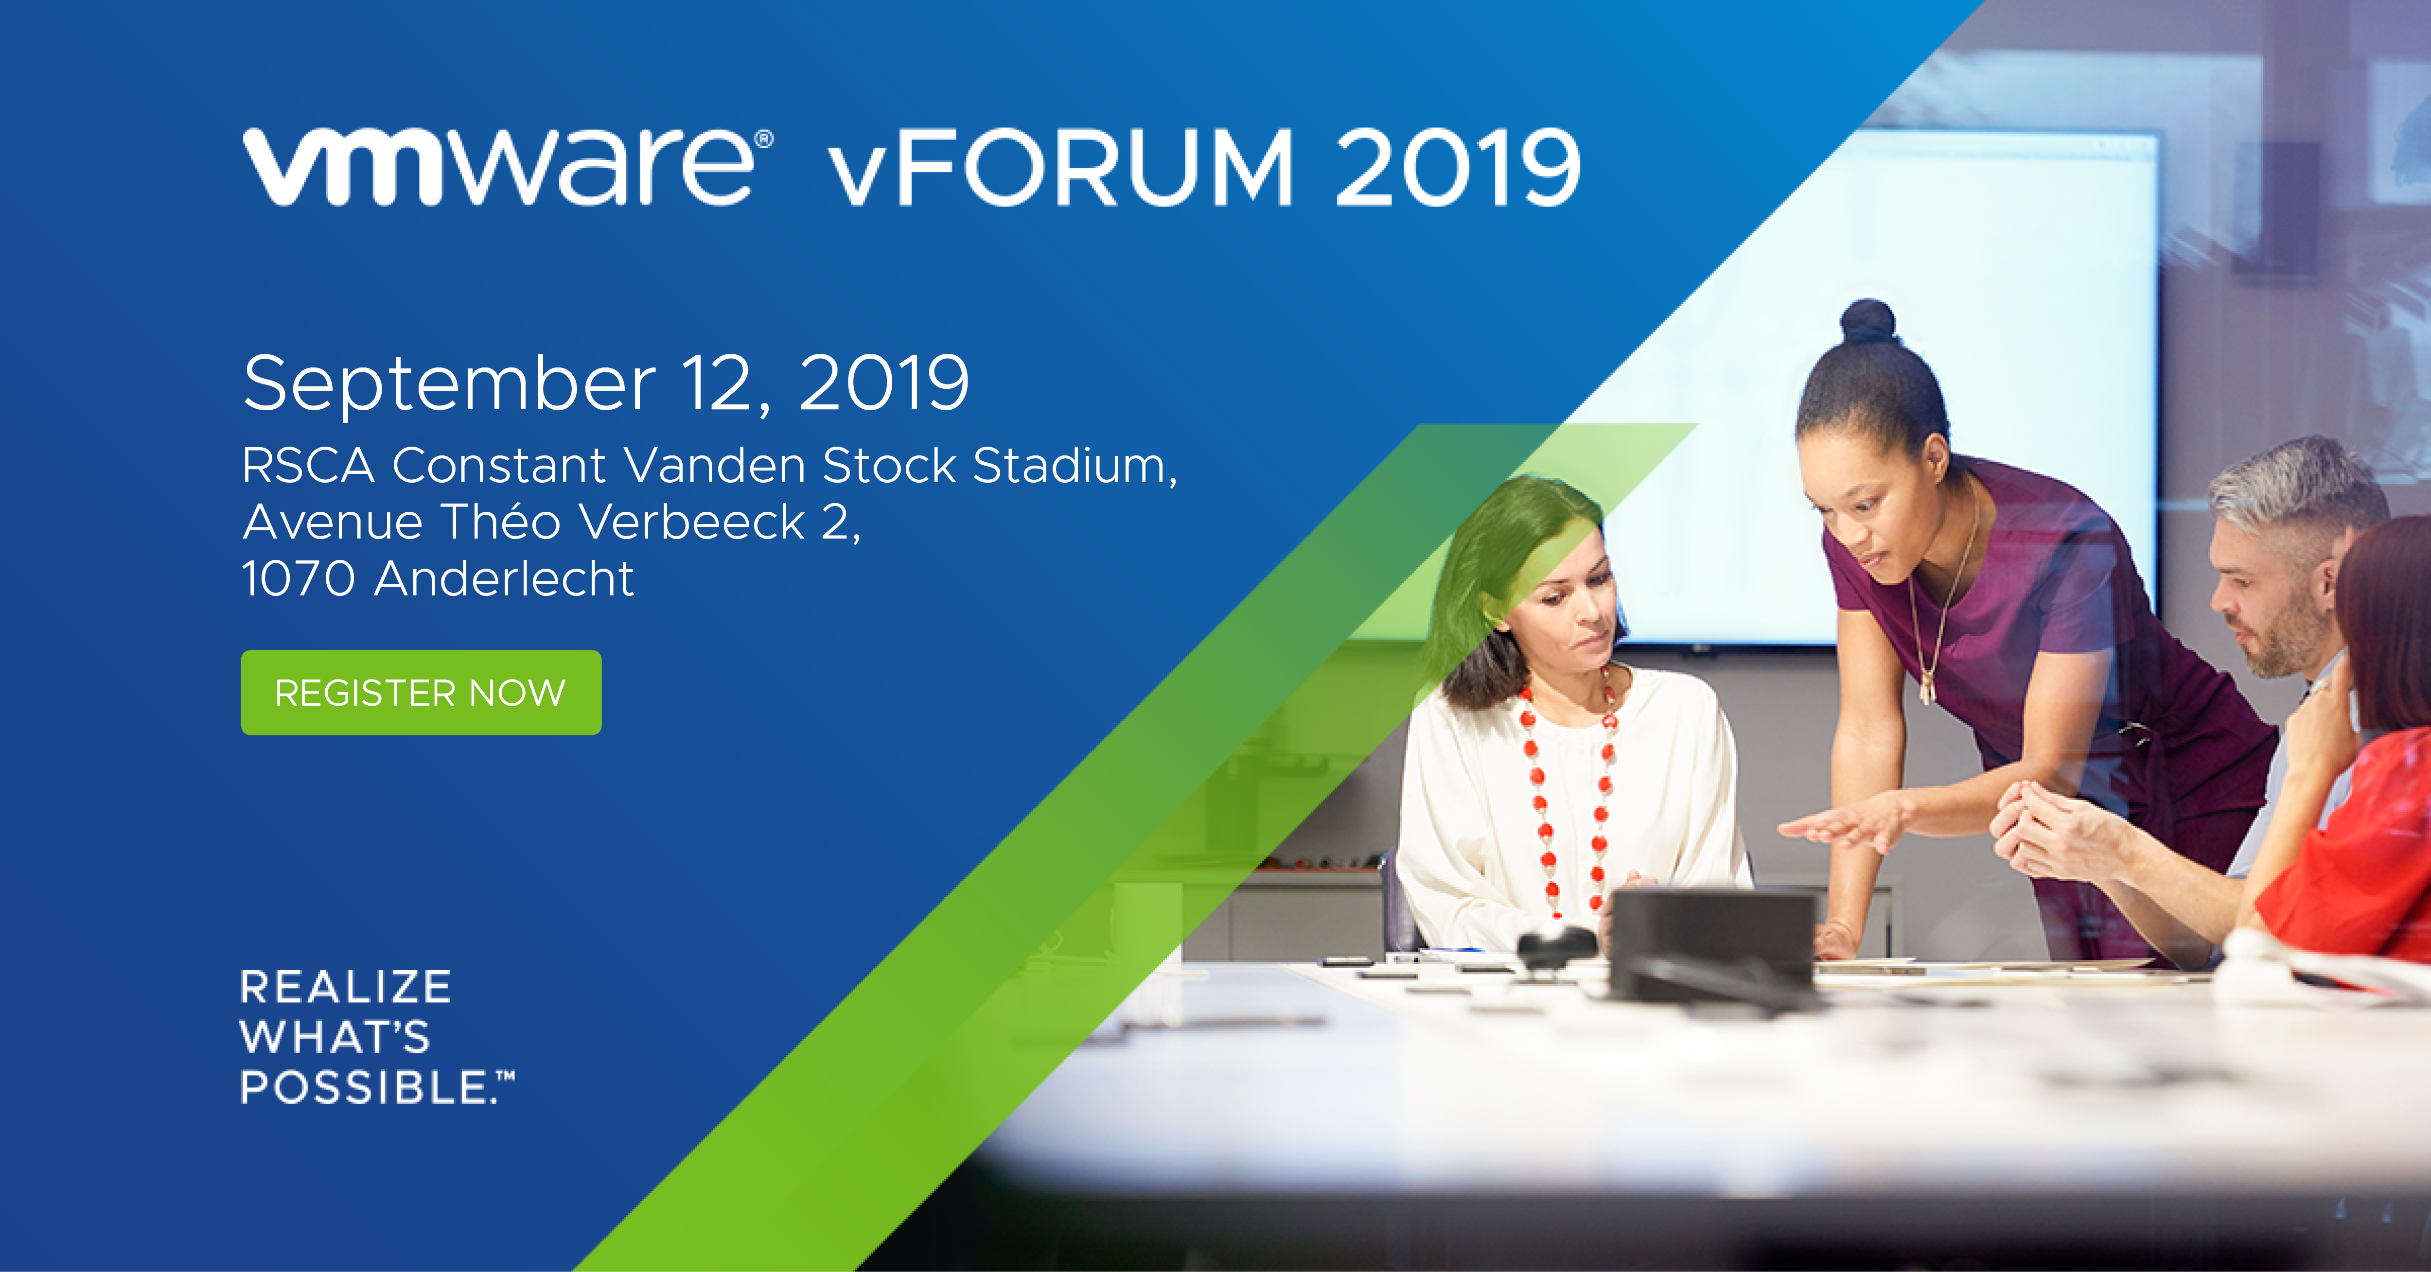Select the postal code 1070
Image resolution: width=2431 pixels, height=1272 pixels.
pos(298,578)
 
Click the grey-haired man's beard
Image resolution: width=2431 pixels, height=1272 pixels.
pos(2284,642)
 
